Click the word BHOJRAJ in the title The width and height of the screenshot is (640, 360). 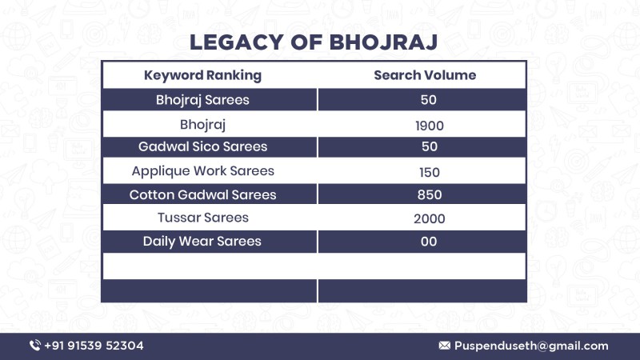[383, 42]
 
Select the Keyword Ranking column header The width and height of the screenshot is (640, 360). [202, 75]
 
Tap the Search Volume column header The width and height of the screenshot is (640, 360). [425, 75]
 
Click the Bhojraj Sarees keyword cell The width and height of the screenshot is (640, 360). [202, 100]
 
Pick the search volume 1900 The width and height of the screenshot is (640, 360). [430, 126]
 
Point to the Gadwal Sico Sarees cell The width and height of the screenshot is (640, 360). [202, 146]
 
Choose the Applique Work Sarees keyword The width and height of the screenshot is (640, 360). [202, 171]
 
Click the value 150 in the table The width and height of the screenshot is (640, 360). [430, 172]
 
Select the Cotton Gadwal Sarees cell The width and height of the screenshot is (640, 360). [202, 194]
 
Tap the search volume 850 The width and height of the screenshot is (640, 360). [430, 194]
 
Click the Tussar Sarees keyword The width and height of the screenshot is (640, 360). [203, 218]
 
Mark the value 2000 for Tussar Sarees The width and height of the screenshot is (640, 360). [430, 218]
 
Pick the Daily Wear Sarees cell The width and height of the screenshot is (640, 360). [202, 242]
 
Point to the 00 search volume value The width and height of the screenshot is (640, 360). [429, 242]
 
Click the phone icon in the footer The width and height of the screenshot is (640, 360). [35, 346]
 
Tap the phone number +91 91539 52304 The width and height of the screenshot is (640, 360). [94, 346]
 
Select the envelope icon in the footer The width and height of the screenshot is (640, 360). [445, 346]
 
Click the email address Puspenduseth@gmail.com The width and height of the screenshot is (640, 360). [531, 346]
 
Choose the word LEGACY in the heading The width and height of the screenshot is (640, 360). [237, 42]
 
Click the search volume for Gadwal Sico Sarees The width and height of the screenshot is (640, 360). [430, 146]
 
